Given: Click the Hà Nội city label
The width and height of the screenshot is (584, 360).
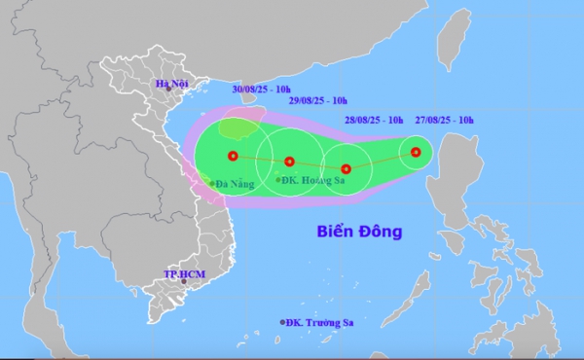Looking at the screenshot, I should (x=171, y=86).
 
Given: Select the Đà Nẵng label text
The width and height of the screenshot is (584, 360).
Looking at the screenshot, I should (x=236, y=182).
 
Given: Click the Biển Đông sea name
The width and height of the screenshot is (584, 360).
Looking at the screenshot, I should (x=360, y=232).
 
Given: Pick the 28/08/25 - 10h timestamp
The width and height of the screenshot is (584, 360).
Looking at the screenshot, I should (x=376, y=120).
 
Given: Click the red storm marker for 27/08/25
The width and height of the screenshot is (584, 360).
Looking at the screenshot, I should (x=416, y=152).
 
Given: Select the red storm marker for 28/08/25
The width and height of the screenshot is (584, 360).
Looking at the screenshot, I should (x=346, y=168).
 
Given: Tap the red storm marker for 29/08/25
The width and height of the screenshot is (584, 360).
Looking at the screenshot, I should (x=289, y=162).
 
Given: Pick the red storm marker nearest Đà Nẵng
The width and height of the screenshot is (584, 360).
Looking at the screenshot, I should (x=232, y=156).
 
